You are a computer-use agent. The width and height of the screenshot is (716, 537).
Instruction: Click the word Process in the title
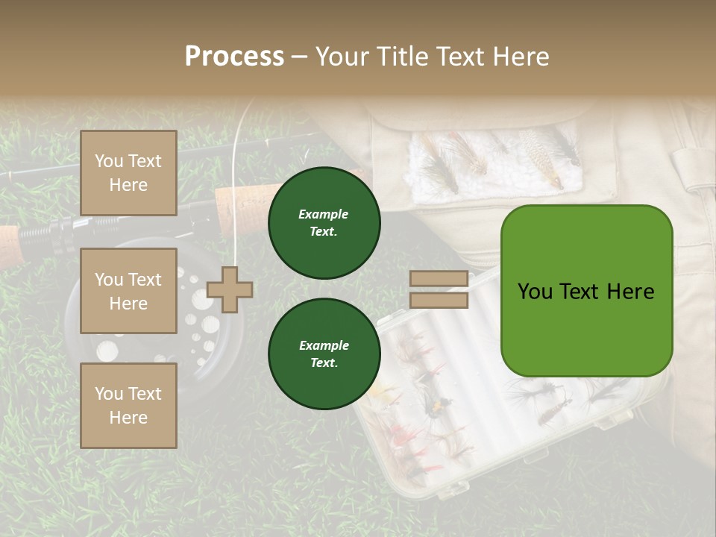click(x=234, y=57)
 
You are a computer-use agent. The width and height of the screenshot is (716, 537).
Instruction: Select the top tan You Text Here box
click(x=128, y=173)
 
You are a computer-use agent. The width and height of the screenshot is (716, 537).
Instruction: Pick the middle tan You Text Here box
click(x=128, y=291)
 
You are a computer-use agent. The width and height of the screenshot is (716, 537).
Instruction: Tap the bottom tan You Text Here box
click(x=128, y=405)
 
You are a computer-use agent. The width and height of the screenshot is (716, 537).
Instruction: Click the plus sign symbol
click(x=230, y=289)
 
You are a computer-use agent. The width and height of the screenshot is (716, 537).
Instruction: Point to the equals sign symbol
click(x=439, y=289)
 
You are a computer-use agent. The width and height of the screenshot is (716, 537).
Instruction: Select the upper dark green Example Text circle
click(x=324, y=223)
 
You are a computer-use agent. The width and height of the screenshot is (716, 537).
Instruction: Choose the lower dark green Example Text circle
click(x=324, y=354)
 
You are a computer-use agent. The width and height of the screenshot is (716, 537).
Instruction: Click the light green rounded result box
click(x=586, y=290)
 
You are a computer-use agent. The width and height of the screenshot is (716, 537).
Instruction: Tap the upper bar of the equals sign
click(x=439, y=279)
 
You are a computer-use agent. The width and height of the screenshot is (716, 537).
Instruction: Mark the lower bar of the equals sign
click(x=439, y=300)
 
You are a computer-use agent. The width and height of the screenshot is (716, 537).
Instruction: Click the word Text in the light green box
click(x=585, y=291)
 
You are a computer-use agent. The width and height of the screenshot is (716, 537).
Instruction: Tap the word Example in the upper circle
click(x=324, y=214)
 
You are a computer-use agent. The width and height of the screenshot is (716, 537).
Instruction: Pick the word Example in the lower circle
click(x=324, y=345)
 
